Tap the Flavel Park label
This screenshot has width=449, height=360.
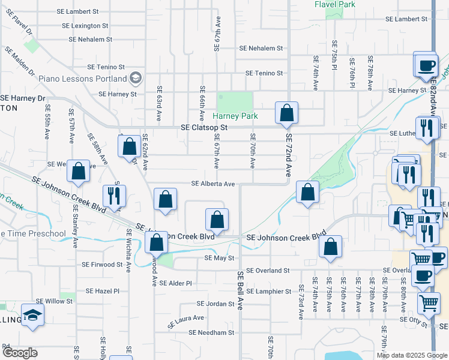point(335,4)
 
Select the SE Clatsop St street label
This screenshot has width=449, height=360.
point(205,128)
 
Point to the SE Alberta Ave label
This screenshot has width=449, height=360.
point(213,184)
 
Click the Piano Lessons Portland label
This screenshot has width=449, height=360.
point(83,79)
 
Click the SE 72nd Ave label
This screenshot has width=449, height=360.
point(288,154)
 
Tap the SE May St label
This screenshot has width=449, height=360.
point(218,258)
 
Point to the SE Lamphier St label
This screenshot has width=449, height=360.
point(268,292)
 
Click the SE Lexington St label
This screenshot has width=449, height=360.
point(85,26)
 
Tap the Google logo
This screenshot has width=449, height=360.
point(20,353)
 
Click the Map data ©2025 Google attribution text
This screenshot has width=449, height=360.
point(411,355)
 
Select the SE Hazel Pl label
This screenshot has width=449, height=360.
point(103,291)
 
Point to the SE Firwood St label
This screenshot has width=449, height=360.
point(102,265)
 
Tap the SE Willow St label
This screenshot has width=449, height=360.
point(55,301)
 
